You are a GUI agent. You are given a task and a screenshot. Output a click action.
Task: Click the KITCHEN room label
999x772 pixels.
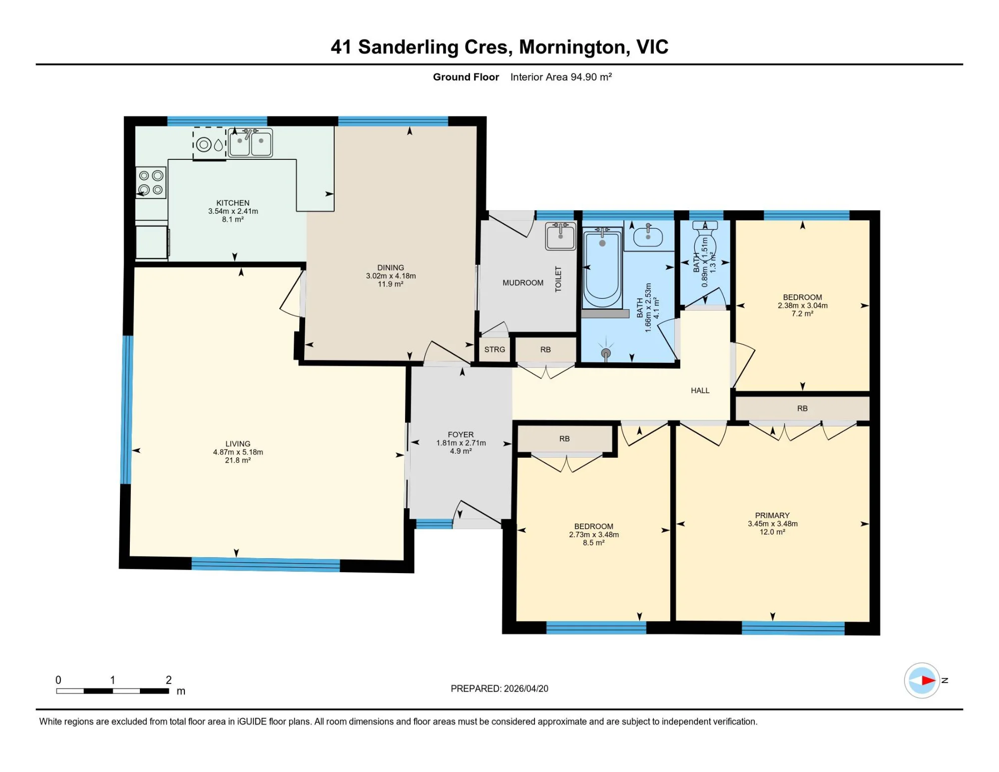(233, 203)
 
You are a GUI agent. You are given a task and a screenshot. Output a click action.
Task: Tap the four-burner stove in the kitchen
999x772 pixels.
(151, 182)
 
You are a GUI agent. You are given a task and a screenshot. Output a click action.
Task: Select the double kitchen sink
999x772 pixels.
(250, 142)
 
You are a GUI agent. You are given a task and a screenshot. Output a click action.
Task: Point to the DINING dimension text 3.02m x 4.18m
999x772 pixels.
(391, 276)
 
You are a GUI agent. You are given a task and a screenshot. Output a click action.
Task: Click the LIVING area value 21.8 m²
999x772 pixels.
(238, 460)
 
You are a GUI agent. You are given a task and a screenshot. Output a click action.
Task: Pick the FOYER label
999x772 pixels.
(461, 435)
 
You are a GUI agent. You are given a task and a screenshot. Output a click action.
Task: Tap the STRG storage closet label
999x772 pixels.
(495, 350)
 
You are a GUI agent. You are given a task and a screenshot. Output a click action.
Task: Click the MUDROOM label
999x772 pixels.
(523, 283)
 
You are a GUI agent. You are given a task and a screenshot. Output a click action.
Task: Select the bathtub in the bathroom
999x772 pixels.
(602, 268)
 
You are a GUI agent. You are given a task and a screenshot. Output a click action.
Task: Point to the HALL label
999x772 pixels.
(700, 391)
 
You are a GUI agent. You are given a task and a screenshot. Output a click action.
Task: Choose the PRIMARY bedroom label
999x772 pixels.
(772, 516)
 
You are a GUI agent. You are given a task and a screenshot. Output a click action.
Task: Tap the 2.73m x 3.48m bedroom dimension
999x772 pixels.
(594, 535)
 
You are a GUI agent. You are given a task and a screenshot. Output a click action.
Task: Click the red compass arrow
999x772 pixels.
(928, 680)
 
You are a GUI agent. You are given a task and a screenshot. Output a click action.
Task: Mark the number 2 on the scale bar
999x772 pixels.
(169, 680)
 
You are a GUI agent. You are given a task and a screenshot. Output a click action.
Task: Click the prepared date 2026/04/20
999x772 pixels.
(526, 689)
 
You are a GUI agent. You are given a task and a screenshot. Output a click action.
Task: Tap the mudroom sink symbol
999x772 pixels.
(560, 236)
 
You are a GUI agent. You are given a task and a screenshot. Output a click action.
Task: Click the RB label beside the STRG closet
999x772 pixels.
(545, 350)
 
